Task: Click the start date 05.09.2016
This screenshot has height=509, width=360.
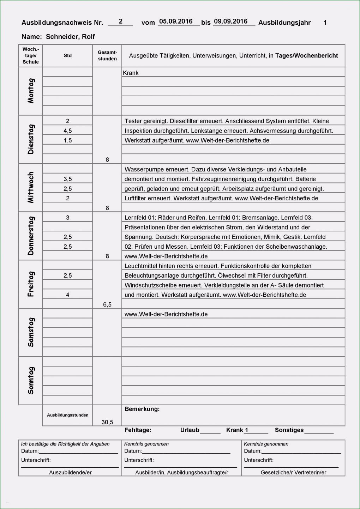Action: coord(176,22)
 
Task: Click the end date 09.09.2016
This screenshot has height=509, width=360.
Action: coord(230,22)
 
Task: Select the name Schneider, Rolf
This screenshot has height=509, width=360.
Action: coord(70,37)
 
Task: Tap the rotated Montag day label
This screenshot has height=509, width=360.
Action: coord(31,91)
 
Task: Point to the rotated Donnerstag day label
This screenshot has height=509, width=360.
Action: coord(31,236)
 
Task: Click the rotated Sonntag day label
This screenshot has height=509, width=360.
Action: coord(31,380)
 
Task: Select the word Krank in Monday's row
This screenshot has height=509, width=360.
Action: coord(131,73)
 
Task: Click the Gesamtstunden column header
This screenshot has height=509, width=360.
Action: coord(107,55)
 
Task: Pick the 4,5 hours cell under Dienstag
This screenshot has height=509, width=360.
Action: coord(68,131)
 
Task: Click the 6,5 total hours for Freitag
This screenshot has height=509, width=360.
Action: coord(107,304)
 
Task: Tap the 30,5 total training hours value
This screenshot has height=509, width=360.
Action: coord(107,422)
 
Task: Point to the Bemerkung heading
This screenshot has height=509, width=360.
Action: coord(142,409)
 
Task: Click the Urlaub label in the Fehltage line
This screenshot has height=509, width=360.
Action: coord(190,430)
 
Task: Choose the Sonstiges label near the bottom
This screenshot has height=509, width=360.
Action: coord(289,430)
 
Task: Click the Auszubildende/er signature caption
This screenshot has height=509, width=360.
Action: coord(70,472)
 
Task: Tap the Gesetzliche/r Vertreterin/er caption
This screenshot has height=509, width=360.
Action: coord(293,472)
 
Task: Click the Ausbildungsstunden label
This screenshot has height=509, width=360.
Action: coord(68,415)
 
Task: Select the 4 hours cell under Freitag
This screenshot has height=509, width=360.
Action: coord(68,295)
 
